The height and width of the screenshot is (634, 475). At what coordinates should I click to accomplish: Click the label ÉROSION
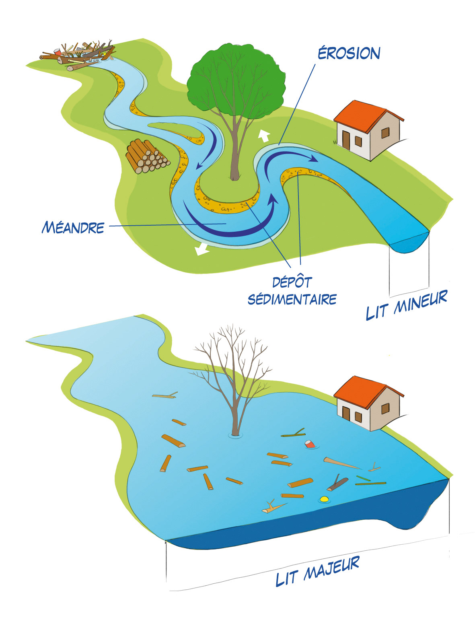[x=349, y=54]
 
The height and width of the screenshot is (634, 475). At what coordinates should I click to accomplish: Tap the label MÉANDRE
[x=73, y=228]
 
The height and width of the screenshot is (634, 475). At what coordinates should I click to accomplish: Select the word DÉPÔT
[x=292, y=282]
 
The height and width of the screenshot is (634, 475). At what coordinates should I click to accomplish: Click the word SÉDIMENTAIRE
[x=292, y=299]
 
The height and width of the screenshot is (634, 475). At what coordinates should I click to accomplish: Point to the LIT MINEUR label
[x=406, y=305]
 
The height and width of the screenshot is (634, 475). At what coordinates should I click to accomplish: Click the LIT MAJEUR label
[x=317, y=572]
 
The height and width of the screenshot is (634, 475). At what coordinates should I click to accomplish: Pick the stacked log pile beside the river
[x=146, y=157]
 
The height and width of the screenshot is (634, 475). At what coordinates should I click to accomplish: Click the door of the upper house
[x=346, y=139]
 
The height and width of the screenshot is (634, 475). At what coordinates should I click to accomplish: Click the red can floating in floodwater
[x=310, y=444]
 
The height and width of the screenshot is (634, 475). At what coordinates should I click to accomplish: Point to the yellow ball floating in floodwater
[x=324, y=499]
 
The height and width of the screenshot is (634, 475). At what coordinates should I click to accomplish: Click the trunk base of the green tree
[x=235, y=175]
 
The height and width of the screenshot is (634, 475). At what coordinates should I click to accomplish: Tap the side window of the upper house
[x=385, y=133]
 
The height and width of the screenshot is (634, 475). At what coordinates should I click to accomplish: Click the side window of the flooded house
[x=385, y=408]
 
